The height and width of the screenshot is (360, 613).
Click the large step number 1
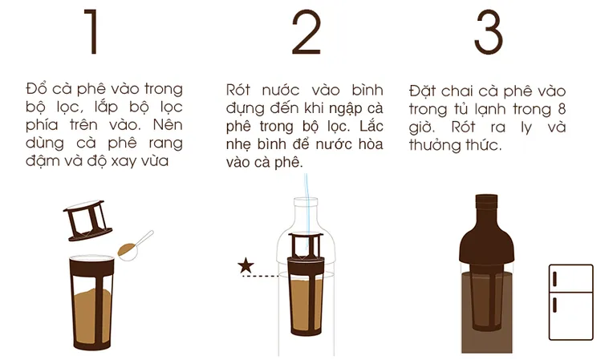92,32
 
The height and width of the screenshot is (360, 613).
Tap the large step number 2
306,32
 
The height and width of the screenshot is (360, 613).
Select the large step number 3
489,32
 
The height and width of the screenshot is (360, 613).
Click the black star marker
246,265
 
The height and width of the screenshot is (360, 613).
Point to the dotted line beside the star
261,276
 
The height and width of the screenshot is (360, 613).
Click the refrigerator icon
570,301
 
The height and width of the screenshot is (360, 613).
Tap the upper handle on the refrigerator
554,278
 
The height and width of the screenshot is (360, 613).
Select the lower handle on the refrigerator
554,305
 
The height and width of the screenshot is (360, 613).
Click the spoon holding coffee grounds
135,245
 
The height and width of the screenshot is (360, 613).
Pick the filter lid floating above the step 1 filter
87,220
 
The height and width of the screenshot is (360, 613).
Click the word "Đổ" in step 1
36,89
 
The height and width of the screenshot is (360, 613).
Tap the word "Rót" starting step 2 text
238,90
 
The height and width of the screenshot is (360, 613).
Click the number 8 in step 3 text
562,109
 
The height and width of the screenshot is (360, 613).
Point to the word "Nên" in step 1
168,124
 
